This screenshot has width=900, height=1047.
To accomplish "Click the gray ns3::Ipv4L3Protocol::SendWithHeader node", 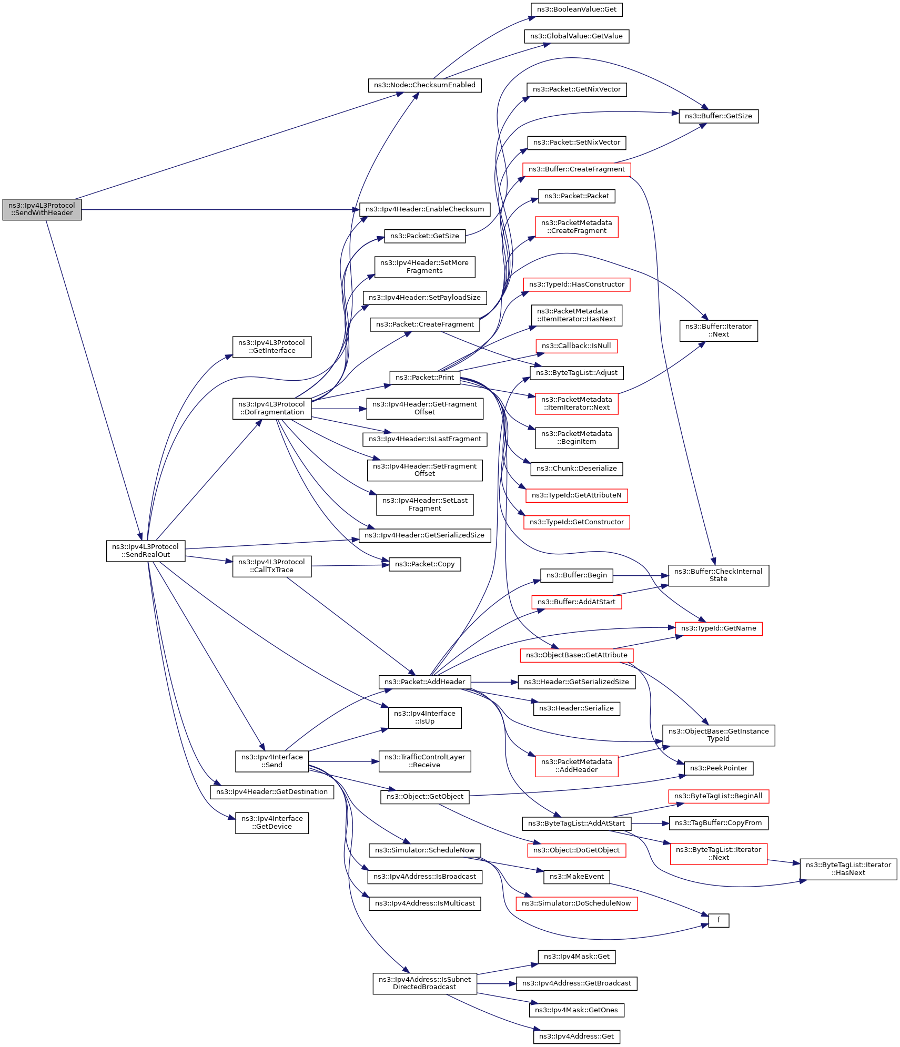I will click(42, 209).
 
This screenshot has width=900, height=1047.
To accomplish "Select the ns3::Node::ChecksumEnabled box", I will click(424, 85).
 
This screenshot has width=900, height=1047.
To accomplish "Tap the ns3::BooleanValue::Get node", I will click(577, 9).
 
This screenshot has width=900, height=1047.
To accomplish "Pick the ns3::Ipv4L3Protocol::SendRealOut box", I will click(145, 551).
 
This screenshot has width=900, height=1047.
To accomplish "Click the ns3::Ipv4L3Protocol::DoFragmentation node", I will click(271, 408).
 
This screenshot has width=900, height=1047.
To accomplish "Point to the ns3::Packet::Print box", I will click(424, 378).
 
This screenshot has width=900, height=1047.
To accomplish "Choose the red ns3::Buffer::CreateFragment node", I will click(577, 169).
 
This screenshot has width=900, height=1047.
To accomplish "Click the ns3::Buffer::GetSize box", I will click(718, 116).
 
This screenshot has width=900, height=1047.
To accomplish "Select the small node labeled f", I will click(718, 920).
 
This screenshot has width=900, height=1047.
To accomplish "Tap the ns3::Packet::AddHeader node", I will click(424, 682).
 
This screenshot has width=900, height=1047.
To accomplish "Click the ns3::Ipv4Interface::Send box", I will click(271, 761).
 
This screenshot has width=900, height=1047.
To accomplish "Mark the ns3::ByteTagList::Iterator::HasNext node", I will click(848, 869).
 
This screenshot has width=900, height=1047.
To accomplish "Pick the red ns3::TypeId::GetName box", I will click(718, 628).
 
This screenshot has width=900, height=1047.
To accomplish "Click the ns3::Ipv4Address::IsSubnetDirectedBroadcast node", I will click(424, 983).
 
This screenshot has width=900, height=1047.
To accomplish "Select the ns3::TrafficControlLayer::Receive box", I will click(424, 761).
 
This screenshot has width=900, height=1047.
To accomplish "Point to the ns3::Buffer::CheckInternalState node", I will click(718, 575).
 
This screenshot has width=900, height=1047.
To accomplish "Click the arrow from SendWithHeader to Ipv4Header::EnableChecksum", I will click(221, 210).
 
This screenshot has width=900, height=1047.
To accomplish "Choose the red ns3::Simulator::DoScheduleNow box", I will click(576, 903).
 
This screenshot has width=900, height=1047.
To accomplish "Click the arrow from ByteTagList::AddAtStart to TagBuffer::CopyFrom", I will click(650, 824).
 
